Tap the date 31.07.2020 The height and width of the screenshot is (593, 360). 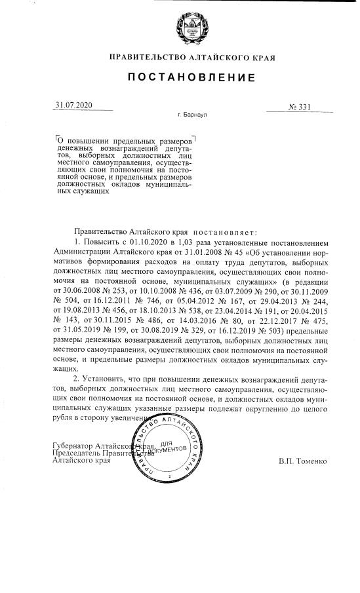pos(75,105)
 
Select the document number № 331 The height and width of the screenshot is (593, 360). pos(299,107)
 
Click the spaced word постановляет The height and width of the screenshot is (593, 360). pos(226,233)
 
